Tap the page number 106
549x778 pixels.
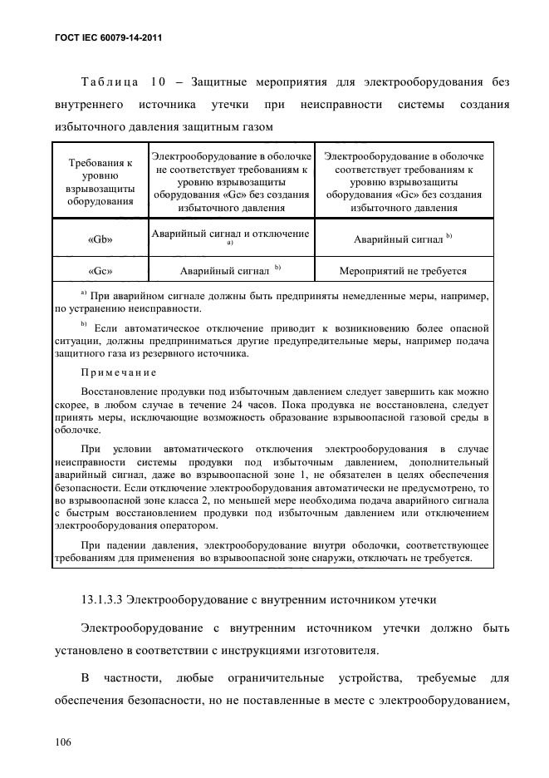65,739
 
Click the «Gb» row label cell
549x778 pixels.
100,239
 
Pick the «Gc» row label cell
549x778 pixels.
100,271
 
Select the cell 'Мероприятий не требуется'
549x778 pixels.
403,271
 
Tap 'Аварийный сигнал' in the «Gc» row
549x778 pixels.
224,271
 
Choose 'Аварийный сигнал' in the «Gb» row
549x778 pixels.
398,239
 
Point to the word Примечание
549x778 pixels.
118,373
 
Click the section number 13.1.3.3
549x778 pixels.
110,596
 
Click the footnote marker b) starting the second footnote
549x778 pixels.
84,324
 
